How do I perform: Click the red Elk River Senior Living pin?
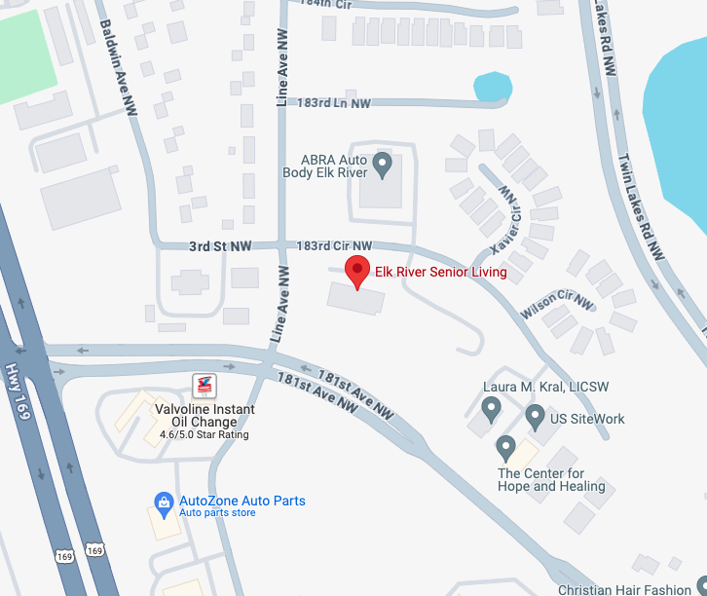point(358,271)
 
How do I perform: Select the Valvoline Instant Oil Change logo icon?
point(204,386)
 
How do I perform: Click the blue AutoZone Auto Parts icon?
point(165,502)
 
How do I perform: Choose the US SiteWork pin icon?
point(535,417)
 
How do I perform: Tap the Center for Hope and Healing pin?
point(504,448)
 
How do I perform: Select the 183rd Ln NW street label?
point(334,102)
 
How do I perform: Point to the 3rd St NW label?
point(220,247)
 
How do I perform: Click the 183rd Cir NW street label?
point(334,246)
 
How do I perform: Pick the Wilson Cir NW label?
point(557,301)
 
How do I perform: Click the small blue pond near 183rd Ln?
point(492,88)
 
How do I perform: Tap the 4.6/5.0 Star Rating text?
point(205,434)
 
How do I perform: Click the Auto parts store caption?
point(217,513)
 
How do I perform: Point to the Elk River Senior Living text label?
point(440,272)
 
